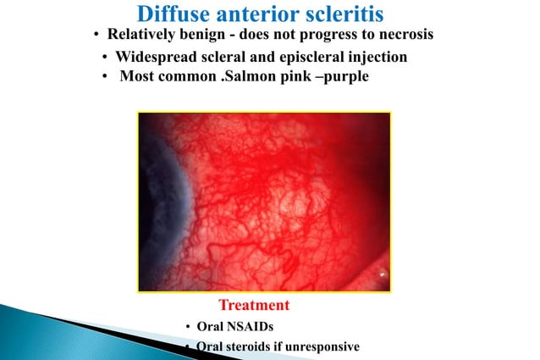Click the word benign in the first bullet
[x=204, y=35]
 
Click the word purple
[x=347, y=76]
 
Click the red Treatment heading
[x=254, y=305]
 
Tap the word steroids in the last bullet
[x=251, y=346]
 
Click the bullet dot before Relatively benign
[x=96, y=36]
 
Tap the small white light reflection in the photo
[x=383, y=274]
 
